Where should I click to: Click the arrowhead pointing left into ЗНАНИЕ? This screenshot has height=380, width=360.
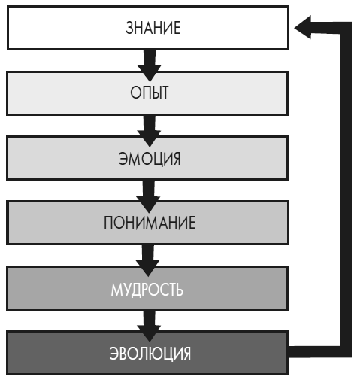[303, 29]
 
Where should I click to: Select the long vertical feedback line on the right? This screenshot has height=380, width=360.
[346, 188]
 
